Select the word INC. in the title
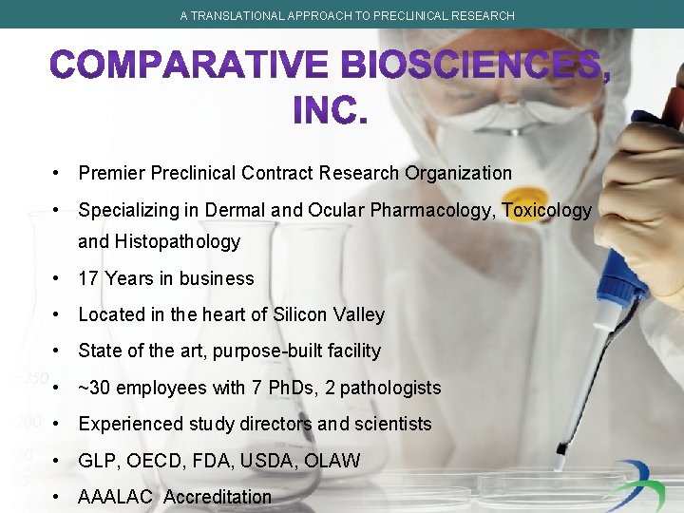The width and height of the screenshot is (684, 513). pos(329,110)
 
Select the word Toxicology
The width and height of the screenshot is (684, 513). pos(546,210)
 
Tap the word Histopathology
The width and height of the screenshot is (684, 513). pos(178,241)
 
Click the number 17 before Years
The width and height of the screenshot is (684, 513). pos(88,278)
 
